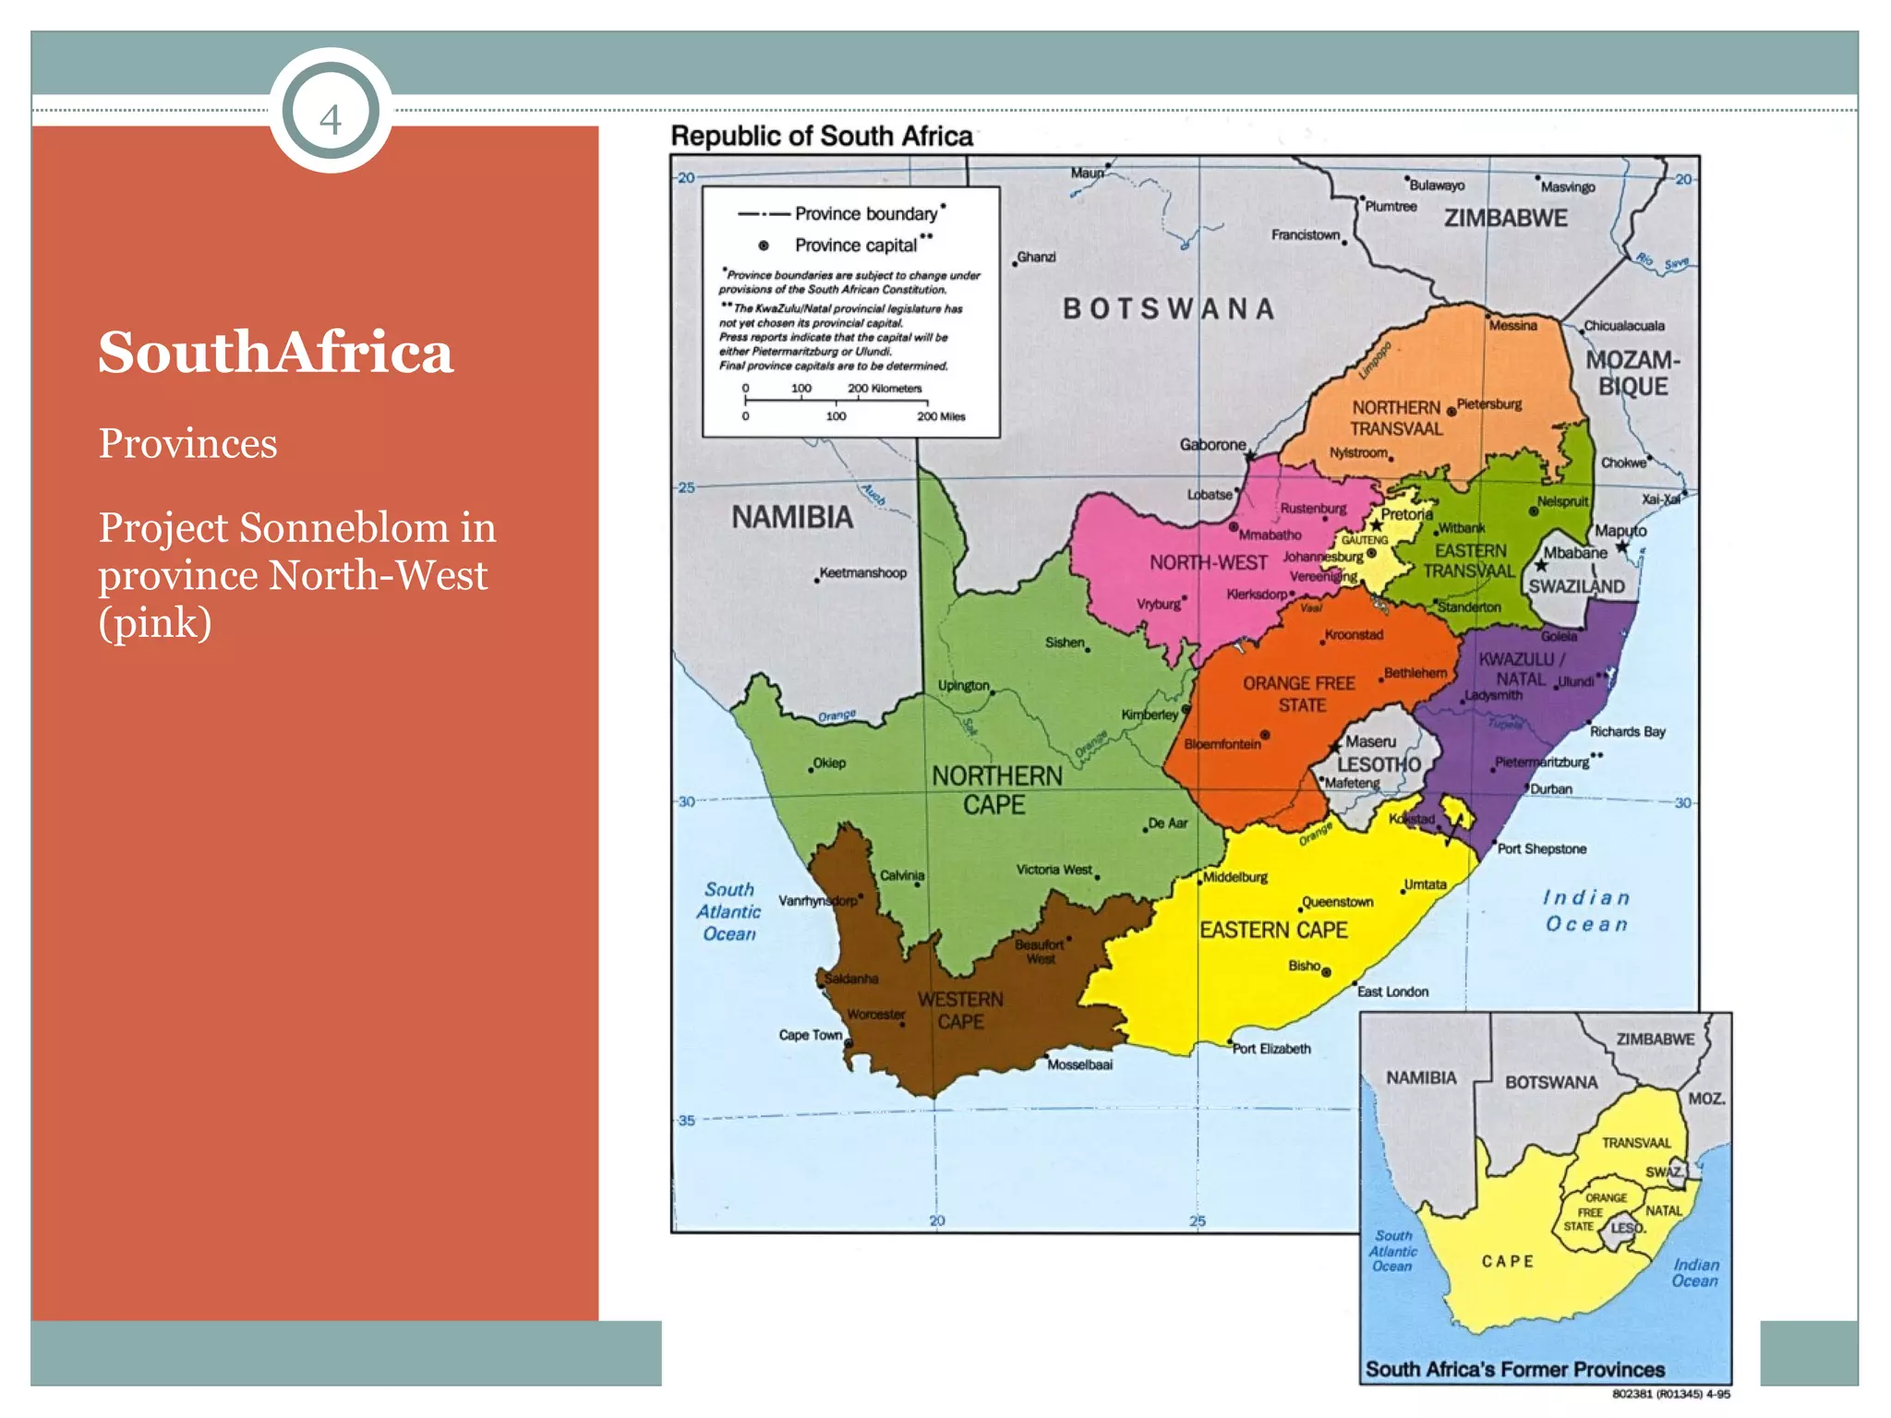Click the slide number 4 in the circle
pyautogui.click(x=331, y=118)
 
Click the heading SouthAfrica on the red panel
pyautogui.click(x=275, y=353)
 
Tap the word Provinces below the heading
pyautogui.click(x=187, y=444)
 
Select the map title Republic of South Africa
pyautogui.click(x=821, y=137)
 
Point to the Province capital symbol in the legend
pyautogui.click(x=764, y=246)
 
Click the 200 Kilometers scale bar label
pyautogui.click(x=884, y=389)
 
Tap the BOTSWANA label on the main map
pyautogui.click(x=1168, y=308)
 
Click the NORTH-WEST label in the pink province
pyautogui.click(x=1208, y=562)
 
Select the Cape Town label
pyautogui.click(x=810, y=1035)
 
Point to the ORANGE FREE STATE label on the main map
pyautogui.click(x=1299, y=694)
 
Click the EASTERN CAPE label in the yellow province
pyautogui.click(x=1273, y=930)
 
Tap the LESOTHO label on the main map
pyautogui.click(x=1379, y=764)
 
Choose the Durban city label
pyautogui.click(x=1551, y=789)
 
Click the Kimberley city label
pyautogui.click(x=1149, y=715)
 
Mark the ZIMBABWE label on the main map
pyautogui.click(x=1505, y=219)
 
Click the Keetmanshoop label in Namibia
pyautogui.click(x=862, y=573)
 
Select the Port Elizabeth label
pyautogui.click(x=1271, y=1049)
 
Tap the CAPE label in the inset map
pyautogui.click(x=1507, y=1261)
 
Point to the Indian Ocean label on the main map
pyautogui.click(x=1586, y=911)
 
